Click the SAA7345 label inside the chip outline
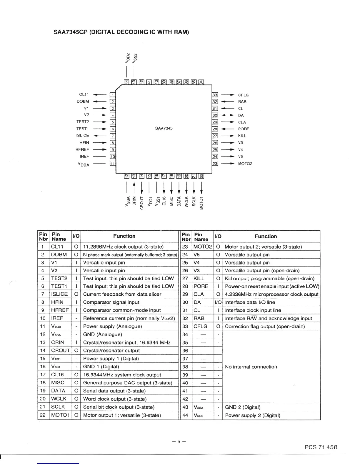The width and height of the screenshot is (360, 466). point(164,128)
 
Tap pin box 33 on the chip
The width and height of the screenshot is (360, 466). point(215,95)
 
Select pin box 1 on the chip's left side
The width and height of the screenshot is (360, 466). point(112,95)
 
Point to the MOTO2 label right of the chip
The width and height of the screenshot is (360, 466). point(245,164)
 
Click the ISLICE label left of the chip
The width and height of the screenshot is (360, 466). point(83,135)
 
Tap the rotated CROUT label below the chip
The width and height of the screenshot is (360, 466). point(142,203)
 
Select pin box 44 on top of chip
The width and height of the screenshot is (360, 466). point(126,82)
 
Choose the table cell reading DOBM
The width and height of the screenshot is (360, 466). point(59,254)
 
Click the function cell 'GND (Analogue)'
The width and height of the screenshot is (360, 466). point(102,334)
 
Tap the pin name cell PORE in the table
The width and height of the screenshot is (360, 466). point(201,286)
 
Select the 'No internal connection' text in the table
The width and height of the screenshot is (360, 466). point(251,367)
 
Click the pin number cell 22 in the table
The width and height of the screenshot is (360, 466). point(43,415)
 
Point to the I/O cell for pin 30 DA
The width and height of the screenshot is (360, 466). point(218,302)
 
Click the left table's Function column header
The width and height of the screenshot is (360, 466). point(124,236)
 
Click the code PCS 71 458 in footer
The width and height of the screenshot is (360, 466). point(321,447)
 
